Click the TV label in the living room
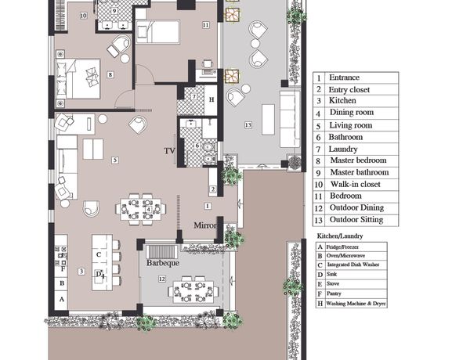tap(169, 150)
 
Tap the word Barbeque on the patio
tap(163, 263)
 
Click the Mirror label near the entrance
tap(205, 225)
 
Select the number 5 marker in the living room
tap(115, 160)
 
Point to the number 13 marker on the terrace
tap(248, 125)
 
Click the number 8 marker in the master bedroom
tap(110, 74)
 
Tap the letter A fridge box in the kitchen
tap(62, 299)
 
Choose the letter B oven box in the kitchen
tap(62, 283)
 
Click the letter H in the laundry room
tap(211, 99)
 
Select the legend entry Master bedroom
tap(358, 160)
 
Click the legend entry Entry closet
tap(349, 89)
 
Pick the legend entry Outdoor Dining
tap(356, 207)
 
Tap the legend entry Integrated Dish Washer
tap(353, 265)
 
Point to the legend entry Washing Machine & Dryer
tap(356, 304)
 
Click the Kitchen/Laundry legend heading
tap(340, 236)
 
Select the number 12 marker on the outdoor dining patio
tap(162, 279)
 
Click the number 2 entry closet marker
tap(213, 189)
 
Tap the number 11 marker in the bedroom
tap(205, 25)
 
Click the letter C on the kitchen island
tap(99, 254)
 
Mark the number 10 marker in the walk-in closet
tap(84, 16)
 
